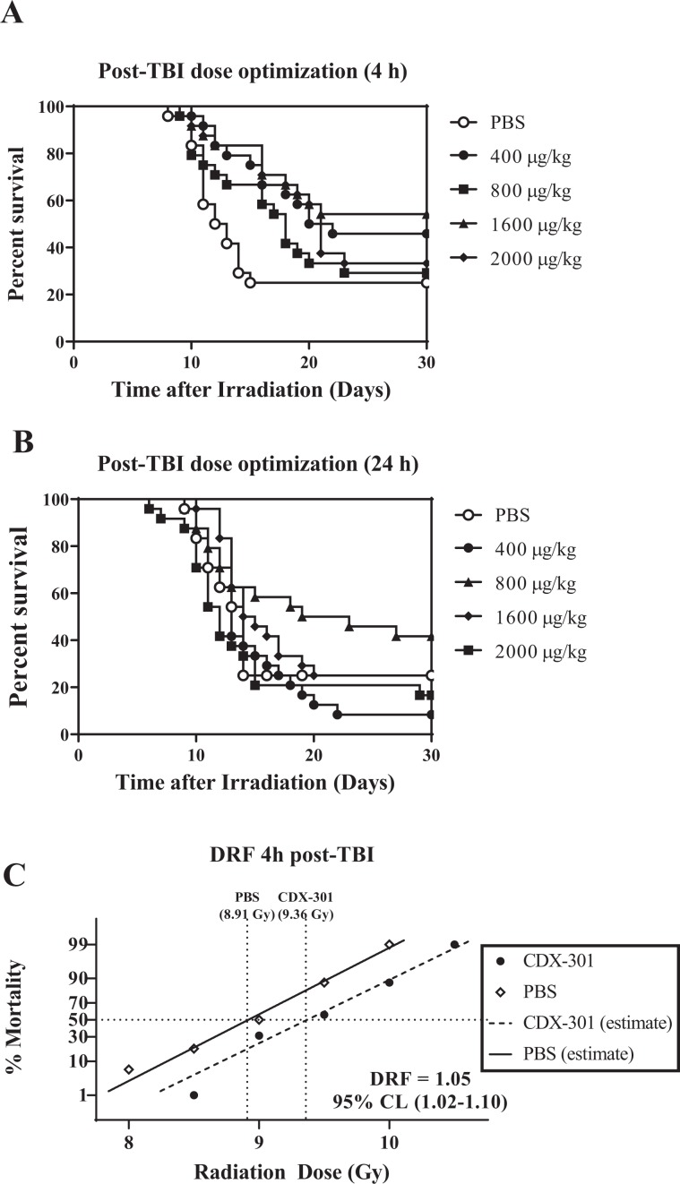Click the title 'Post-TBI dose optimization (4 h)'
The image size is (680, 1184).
[252, 73]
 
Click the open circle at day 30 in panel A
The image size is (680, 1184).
[426, 283]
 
